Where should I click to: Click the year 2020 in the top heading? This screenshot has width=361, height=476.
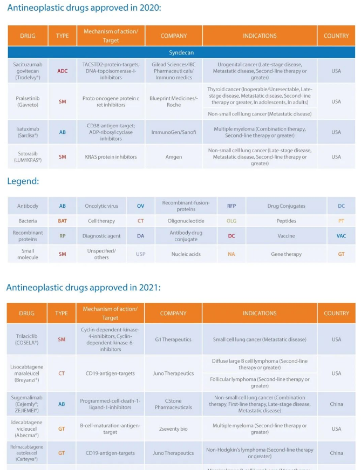pos(148,8)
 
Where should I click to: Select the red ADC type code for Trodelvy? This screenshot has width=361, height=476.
pos(62,71)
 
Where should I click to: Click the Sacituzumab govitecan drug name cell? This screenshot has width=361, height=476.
pos(28,71)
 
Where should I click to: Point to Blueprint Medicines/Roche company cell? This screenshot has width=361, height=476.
pos(174,101)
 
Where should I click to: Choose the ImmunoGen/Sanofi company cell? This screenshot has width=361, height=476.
pos(174,132)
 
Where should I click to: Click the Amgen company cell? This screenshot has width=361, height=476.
pos(174,157)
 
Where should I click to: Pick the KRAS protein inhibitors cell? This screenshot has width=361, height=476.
pos(110,157)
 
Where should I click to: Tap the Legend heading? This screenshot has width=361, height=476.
pos(23,181)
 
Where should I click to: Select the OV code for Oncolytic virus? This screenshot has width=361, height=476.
pos(140,206)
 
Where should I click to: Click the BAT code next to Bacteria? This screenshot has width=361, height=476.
pos(62,221)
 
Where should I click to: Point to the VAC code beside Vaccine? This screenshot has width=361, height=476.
pos(341,236)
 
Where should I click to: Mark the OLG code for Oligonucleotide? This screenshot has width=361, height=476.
pos(231,221)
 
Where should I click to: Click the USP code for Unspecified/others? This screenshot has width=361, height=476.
pos(140,254)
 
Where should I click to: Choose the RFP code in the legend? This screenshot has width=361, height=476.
pos(231,206)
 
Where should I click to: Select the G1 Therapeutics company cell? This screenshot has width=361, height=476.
pos(173,339)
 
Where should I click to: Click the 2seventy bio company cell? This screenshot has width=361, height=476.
pos(173,429)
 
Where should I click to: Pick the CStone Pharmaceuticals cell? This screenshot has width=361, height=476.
pos(173,404)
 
